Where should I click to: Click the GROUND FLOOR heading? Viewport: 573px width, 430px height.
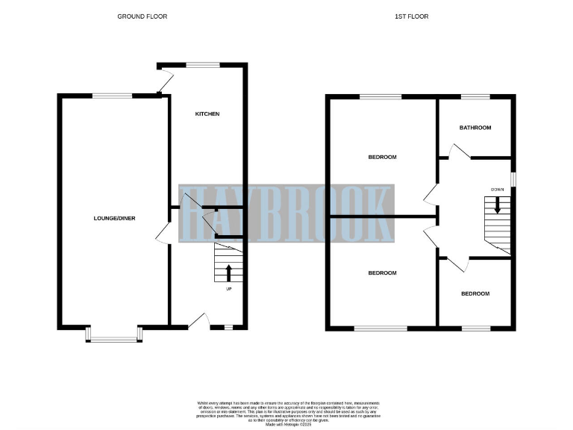tap(142, 16)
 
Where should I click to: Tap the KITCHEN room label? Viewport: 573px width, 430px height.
tap(207, 114)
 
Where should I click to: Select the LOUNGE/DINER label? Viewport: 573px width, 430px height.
tap(113, 218)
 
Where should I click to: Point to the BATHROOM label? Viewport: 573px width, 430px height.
tap(475, 128)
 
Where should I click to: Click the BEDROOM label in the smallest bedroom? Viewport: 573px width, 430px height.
tap(475, 293)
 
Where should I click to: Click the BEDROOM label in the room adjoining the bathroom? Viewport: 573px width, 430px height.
tap(382, 158)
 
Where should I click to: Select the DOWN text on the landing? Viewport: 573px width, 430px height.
tap(498, 189)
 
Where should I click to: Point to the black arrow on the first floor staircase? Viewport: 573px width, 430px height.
tap(498, 206)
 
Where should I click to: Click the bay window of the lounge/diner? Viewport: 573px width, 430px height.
tap(113, 337)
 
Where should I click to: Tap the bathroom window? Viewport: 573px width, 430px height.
tap(475, 96)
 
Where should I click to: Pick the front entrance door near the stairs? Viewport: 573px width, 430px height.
tap(198, 321)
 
